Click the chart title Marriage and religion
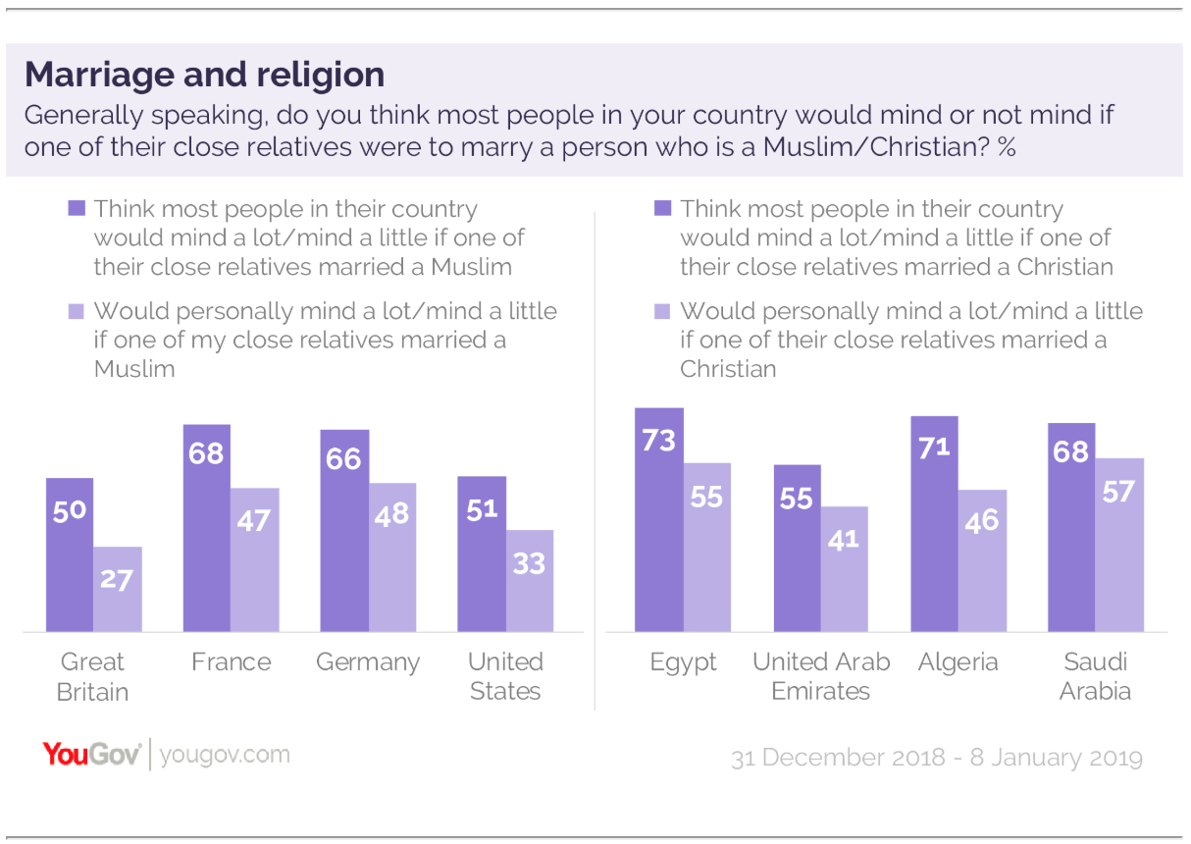tap(204, 75)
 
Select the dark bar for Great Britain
tap(70, 554)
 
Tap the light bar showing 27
tap(118, 589)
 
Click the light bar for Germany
tap(392, 557)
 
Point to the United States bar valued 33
tap(530, 581)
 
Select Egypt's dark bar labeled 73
tap(658, 519)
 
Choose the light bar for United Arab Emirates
tap(845, 569)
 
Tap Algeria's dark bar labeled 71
tap(934, 524)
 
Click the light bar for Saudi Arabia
tap(1119, 545)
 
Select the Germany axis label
tap(368, 662)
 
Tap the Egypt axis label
tap(684, 662)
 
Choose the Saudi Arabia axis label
tap(1095, 676)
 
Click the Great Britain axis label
tap(93, 676)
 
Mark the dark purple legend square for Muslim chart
tap(76, 208)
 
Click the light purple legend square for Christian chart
tap(661, 311)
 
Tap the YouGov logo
tap(91, 755)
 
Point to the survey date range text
tap(936, 758)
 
